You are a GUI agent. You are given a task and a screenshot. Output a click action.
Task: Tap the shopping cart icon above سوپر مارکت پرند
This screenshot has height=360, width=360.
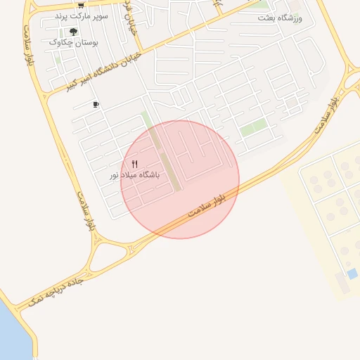[81, 5]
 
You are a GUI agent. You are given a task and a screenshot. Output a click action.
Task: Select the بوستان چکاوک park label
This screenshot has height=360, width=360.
[74, 43]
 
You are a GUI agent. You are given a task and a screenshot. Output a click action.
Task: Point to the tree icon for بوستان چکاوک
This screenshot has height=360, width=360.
[74, 32]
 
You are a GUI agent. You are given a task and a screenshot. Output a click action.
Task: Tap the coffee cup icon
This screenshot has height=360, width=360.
[96, 105]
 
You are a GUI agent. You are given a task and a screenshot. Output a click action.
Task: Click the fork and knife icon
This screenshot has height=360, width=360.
[135, 164]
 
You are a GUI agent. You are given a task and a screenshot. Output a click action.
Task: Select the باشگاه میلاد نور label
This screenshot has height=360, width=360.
[134, 174]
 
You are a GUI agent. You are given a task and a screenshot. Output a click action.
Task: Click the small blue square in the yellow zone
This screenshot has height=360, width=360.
[352, 273]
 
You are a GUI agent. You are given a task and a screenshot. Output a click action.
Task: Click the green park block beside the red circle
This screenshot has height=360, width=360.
[254, 129]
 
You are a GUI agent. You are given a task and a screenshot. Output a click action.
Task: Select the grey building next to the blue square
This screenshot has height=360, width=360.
[342, 283]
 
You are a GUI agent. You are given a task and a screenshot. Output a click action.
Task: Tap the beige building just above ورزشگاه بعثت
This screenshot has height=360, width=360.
[296, 6]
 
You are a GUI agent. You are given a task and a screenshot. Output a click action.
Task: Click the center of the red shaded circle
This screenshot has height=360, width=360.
[180, 179]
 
